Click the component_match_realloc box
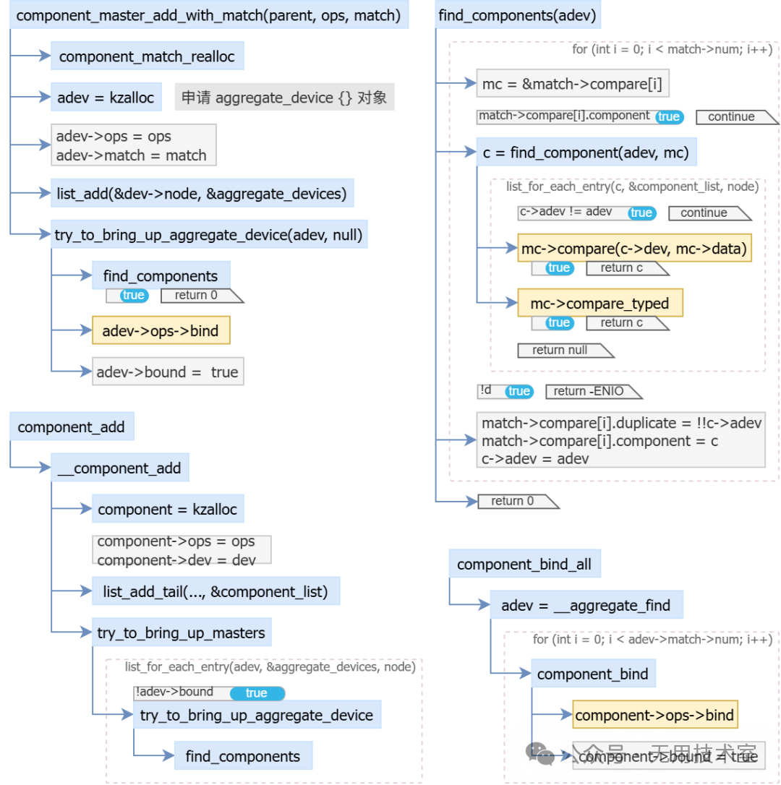click(x=147, y=56)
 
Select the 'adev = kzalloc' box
click(x=106, y=98)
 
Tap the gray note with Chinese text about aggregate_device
click(x=284, y=98)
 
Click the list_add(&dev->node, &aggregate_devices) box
click(x=202, y=193)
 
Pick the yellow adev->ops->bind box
click(x=161, y=330)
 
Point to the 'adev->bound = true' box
click(x=167, y=372)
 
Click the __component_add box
click(x=119, y=468)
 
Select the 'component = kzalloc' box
click(x=167, y=509)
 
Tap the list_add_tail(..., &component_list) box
click(x=215, y=591)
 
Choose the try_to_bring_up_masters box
click(x=181, y=632)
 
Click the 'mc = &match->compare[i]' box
click(x=572, y=84)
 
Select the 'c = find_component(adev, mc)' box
click(x=586, y=152)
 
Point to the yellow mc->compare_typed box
click(x=599, y=304)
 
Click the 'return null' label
click(x=561, y=350)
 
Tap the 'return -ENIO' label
click(x=589, y=391)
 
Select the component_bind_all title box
click(x=524, y=564)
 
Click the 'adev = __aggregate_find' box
click(x=586, y=605)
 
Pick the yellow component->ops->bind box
click(x=654, y=715)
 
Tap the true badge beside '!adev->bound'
click(x=257, y=693)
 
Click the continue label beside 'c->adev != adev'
click(x=704, y=213)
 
